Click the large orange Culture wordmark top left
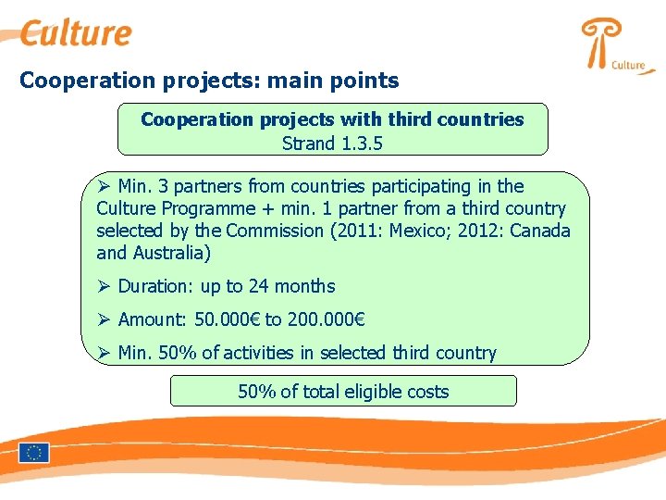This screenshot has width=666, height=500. pos(77,32)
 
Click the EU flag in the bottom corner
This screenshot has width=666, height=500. pos(34,453)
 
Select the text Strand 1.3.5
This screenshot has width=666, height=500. pos(332,143)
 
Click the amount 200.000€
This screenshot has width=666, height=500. pos(327,319)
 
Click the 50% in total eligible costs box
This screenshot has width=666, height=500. pos(256,392)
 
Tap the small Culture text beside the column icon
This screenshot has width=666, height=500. pos(628,65)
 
